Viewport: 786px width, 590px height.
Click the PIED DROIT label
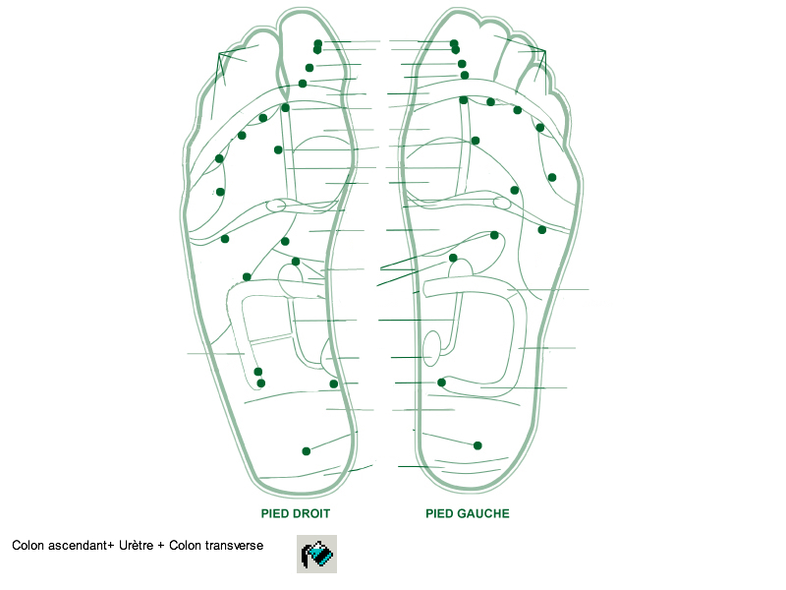(295, 513)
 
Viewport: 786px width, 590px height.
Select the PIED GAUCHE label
(467, 513)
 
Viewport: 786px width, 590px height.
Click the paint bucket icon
(316, 555)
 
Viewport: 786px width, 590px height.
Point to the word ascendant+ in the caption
(82, 545)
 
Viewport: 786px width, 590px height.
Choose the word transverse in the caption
(233, 545)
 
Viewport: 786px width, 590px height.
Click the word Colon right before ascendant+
(28, 545)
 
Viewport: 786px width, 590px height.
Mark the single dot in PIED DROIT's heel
(307, 451)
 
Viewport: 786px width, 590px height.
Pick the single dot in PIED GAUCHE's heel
(477, 445)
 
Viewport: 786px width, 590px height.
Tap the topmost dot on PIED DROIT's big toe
(318, 43)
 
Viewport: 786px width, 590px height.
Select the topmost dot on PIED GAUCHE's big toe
(454, 43)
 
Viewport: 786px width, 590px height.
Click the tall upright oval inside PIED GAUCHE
(431, 348)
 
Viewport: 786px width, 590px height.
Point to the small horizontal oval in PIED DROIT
(276, 206)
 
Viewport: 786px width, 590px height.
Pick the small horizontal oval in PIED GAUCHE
(502, 204)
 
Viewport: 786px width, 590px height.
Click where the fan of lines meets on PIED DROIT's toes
(219, 52)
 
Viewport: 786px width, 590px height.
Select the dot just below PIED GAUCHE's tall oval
(442, 383)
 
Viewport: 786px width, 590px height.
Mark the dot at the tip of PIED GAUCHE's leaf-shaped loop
(494, 235)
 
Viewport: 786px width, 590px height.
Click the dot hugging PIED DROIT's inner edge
(334, 383)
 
